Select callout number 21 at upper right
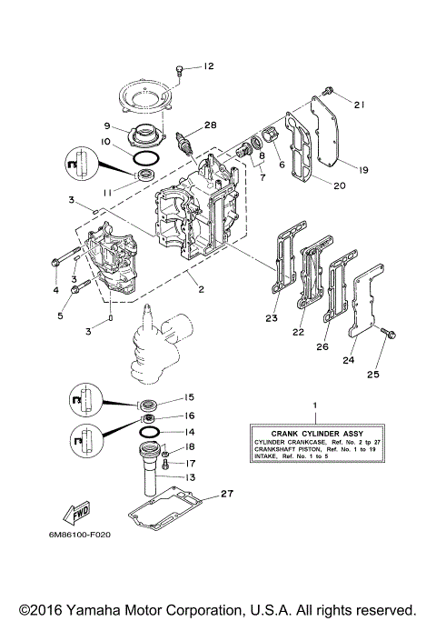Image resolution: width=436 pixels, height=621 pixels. [359, 105]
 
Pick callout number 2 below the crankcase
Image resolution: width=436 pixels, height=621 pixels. [200, 291]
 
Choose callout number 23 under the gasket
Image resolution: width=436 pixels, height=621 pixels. [271, 318]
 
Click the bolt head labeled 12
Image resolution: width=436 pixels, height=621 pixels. [181, 69]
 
